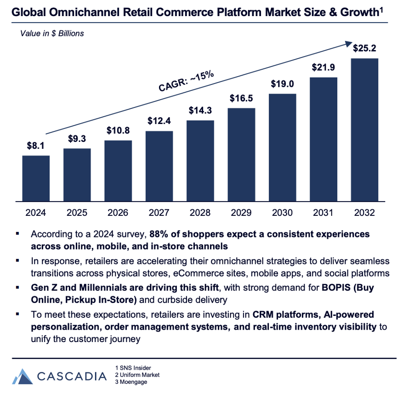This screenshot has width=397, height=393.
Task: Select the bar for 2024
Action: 36,178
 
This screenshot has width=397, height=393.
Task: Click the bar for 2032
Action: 365,129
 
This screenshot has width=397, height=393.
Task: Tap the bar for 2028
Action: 200,161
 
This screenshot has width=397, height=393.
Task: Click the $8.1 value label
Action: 36,146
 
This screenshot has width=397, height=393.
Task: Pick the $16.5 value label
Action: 241,98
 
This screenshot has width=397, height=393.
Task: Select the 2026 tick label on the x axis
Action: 118,213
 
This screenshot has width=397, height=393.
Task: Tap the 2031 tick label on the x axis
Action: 323,213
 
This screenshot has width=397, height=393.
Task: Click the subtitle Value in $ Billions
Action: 51,34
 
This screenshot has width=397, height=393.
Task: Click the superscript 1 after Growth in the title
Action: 382,10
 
